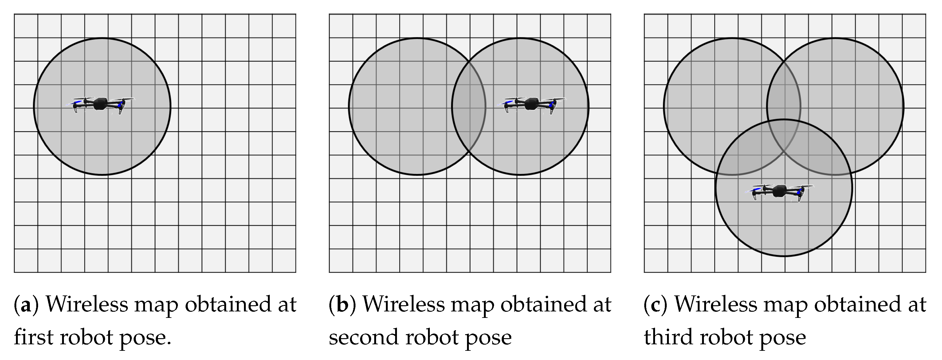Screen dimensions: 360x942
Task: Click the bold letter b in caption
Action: pos(342,304)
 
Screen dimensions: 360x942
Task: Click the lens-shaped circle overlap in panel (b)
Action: pos(469,106)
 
